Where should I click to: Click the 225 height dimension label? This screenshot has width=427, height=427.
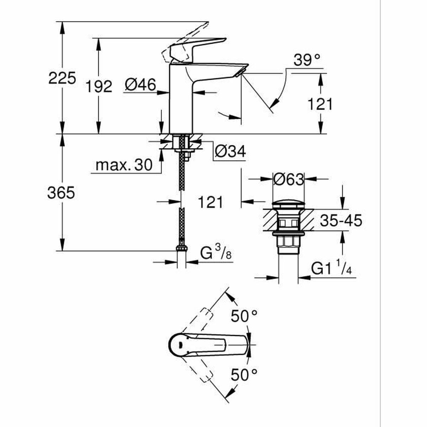pyautogui.click(x=62, y=78)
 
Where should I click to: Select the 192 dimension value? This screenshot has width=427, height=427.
pyautogui.click(x=99, y=86)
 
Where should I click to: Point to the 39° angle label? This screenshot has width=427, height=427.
pyautogui.click(x=307, y=60)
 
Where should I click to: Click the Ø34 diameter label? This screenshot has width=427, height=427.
pyautogui.click(x=230, y=152)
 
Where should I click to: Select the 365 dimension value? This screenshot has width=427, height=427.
pyautogui.click(x=61, y=193)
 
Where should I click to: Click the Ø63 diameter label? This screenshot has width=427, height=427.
pyautogui.click(x=289, y=179)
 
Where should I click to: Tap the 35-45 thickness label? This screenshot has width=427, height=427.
pyautogui.click(x=341, y=221)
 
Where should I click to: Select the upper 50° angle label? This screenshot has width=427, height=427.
pyautogui.click(x=244, y=316)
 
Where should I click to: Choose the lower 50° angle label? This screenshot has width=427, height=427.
pyautogui.click(x=244, y=375)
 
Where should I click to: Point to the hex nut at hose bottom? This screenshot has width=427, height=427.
pyautogui.click(x=182, y=248)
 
